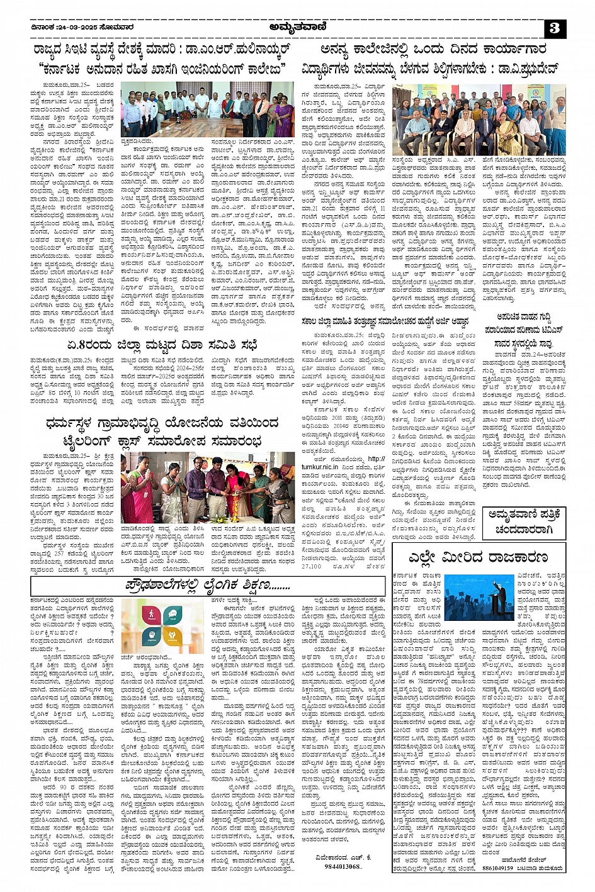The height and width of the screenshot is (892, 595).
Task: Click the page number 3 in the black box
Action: (554, 28)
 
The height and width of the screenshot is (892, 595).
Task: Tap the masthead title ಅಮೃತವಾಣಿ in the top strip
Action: (297, 27)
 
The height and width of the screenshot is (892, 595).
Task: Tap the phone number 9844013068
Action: (343, 866)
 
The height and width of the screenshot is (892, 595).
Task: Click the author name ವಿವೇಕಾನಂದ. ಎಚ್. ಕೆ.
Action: (343, 857)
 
